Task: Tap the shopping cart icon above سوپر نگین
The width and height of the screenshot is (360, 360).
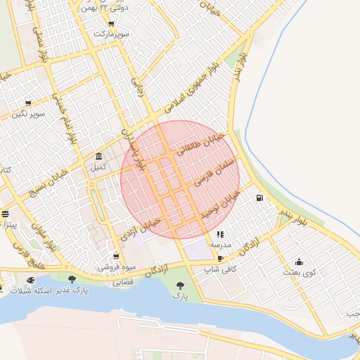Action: [x=28, y=103]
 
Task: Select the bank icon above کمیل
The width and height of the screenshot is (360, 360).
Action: [x=98, y=156]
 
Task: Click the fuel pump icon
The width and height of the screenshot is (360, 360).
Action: [x=260, y=198]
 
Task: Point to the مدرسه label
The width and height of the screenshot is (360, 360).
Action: [x=220, y=245]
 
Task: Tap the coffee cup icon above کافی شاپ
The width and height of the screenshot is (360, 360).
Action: [x=221, y=259]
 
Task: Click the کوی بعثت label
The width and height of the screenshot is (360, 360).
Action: [x=300, y=272]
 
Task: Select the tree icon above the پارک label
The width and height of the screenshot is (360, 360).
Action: [x=180, y=285]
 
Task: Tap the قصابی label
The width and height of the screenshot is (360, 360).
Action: [x=123, y=282]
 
